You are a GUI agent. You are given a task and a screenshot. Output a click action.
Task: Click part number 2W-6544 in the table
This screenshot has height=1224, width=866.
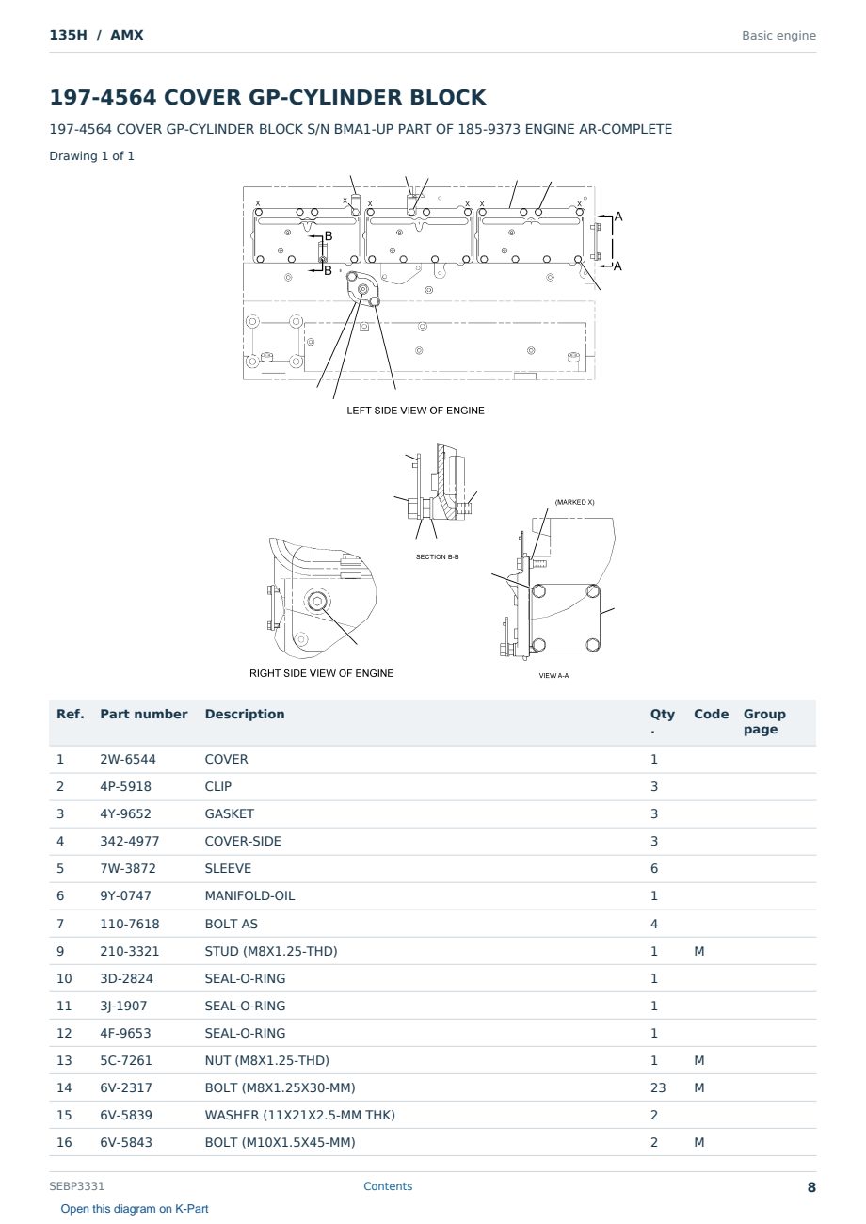point(128,759)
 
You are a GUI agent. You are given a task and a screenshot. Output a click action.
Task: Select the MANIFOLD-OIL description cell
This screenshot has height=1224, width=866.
point(249,895)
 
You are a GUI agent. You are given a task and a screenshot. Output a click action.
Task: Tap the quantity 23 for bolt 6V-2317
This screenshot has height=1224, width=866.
point(658,1087)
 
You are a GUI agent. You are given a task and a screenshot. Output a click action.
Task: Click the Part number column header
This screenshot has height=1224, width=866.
point(144,714)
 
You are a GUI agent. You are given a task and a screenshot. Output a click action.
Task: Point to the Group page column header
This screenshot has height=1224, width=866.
point(764,721)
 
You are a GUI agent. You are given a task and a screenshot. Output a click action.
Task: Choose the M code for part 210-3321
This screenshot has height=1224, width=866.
point(698,951)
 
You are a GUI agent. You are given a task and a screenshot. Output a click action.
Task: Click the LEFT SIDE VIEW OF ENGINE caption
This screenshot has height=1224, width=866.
point(415,411)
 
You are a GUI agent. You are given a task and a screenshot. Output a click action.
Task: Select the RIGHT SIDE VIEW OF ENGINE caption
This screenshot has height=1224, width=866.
point(321,673)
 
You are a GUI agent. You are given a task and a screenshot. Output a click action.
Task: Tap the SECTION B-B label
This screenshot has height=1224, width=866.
point(437,556)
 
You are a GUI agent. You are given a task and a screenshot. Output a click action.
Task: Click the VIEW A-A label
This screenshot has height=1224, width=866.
point(553,675)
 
